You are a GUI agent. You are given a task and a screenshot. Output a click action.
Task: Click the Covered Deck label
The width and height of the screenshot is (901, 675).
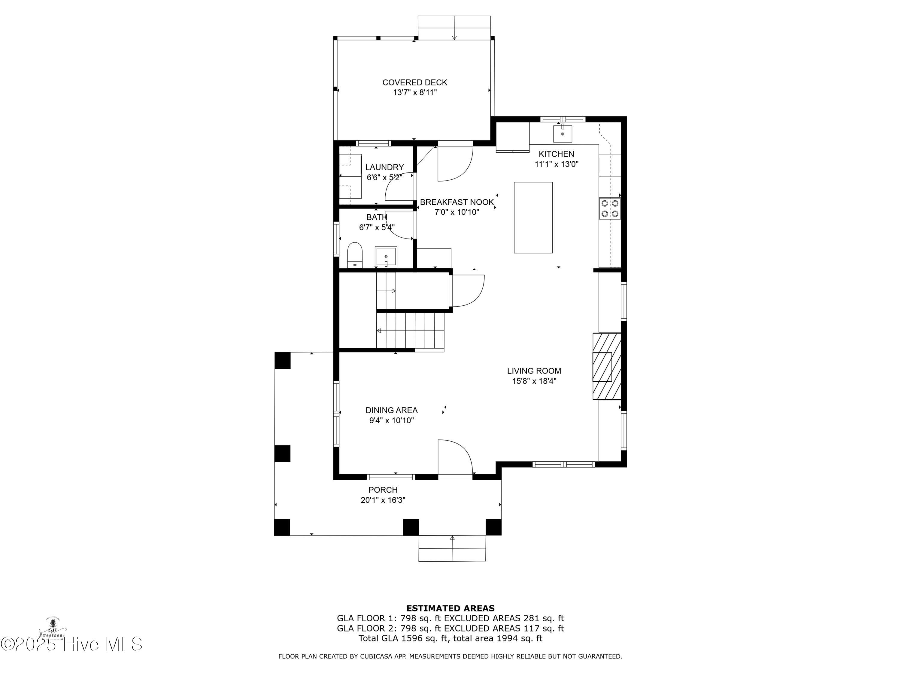(x=415, y=82)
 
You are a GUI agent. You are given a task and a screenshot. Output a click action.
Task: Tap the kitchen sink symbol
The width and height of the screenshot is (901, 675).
(x=563, y=133)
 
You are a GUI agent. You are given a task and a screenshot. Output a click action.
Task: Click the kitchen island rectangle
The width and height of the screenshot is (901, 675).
(x=533, y=218)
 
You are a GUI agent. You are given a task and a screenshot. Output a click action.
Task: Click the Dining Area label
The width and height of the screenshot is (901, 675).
(x=391, y=410)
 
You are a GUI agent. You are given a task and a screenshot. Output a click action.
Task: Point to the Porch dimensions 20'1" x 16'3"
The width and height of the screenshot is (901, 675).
(x=383, y=500)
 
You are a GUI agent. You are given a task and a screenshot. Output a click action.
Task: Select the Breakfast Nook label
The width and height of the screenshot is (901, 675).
(x=457, y=202)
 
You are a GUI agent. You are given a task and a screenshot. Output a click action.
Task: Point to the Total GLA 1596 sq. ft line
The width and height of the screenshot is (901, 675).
(x=450, y=638)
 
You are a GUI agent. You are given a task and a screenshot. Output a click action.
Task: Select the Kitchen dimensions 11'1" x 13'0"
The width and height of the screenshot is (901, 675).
(x=557, y=164)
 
